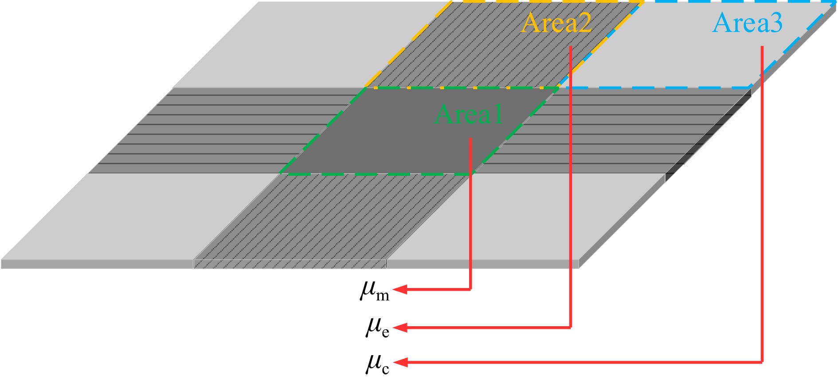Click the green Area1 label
coord(469,115)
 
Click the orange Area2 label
coord(556,23)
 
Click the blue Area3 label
coord(748,23)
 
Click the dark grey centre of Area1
coord(399,142)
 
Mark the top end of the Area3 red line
coord(762,47)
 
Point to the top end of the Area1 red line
coord(470,139)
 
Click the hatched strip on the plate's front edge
coord(290,264)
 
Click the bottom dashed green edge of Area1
coord(377,174)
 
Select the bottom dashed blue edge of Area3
coord(656,87)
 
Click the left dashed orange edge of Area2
coord(408,45)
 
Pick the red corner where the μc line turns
coord(762,362)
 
